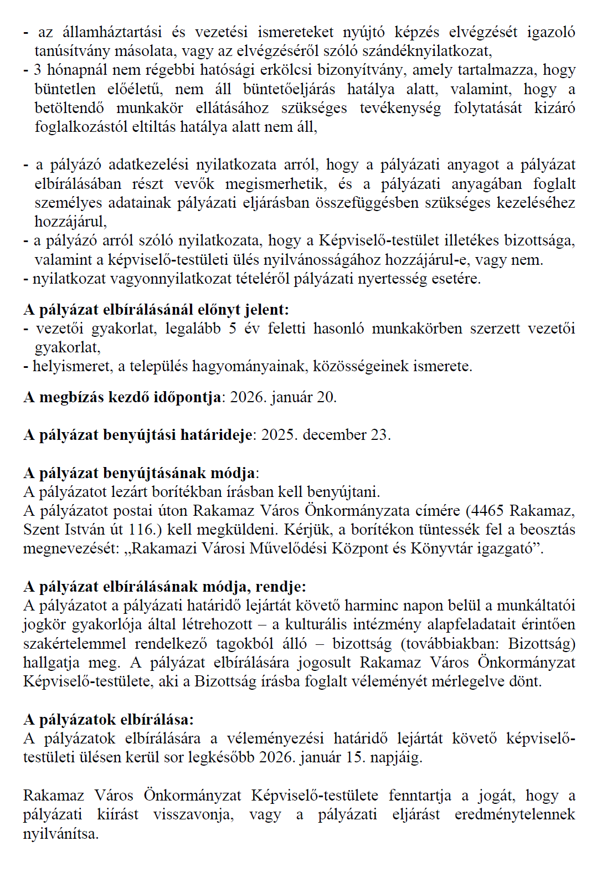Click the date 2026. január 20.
pos(283,397)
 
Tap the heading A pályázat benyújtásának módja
pos(140,473)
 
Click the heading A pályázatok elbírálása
pos(108,720)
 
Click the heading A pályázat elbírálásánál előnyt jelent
pos(156,310)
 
